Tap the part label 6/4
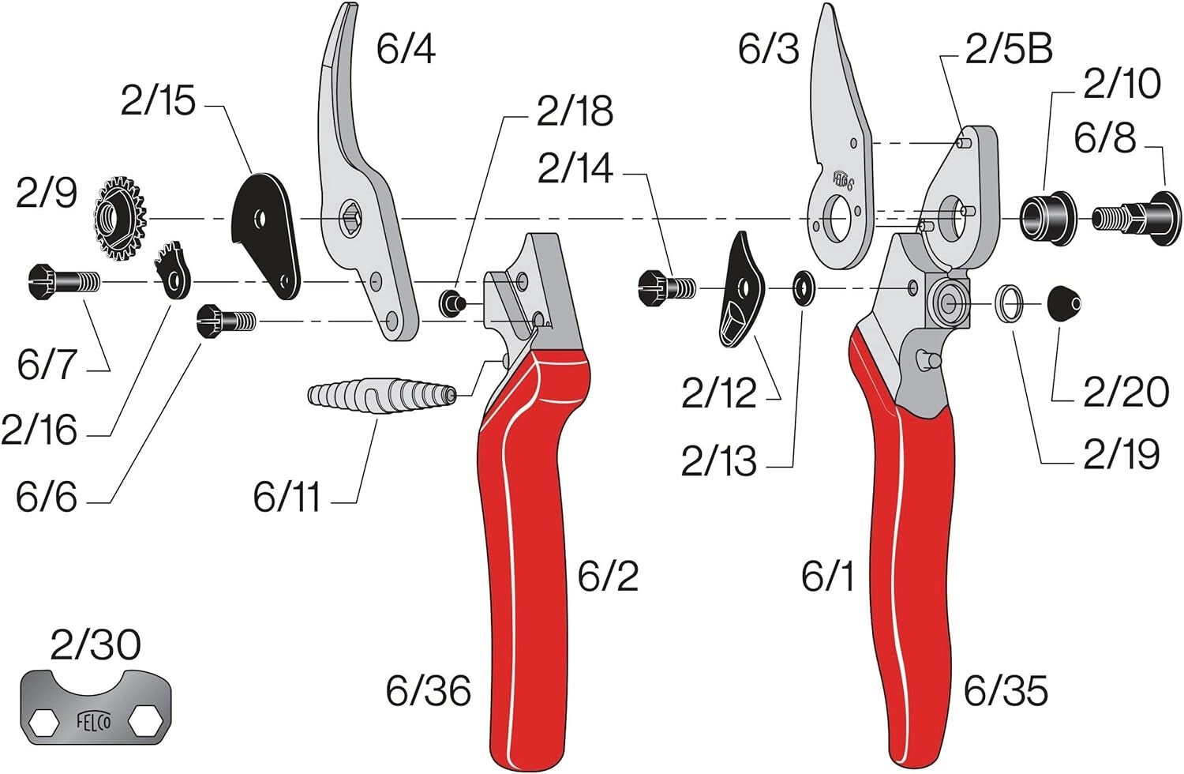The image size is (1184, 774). (x=406, y=49)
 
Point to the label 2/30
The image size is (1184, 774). (x=96, y=644)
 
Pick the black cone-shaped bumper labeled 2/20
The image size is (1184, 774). (x=1063, y=302)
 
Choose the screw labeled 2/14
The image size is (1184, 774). (x=665, y=287)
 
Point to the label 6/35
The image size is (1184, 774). (x=1006, y=691)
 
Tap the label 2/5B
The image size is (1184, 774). (x=1009, y=49)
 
